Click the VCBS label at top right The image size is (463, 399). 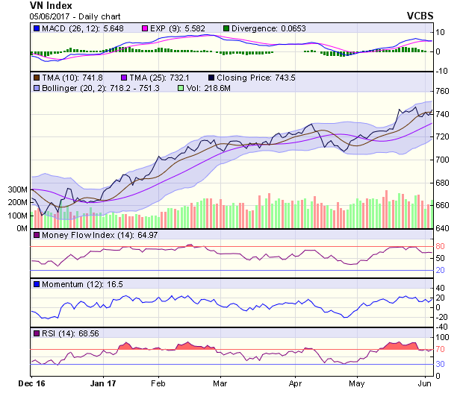[420, 15]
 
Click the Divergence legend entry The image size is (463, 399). [264, 28]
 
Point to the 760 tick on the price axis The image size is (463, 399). [444, 91]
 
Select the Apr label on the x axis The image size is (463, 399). [295, 385]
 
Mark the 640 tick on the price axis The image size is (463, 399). [444, 228]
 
